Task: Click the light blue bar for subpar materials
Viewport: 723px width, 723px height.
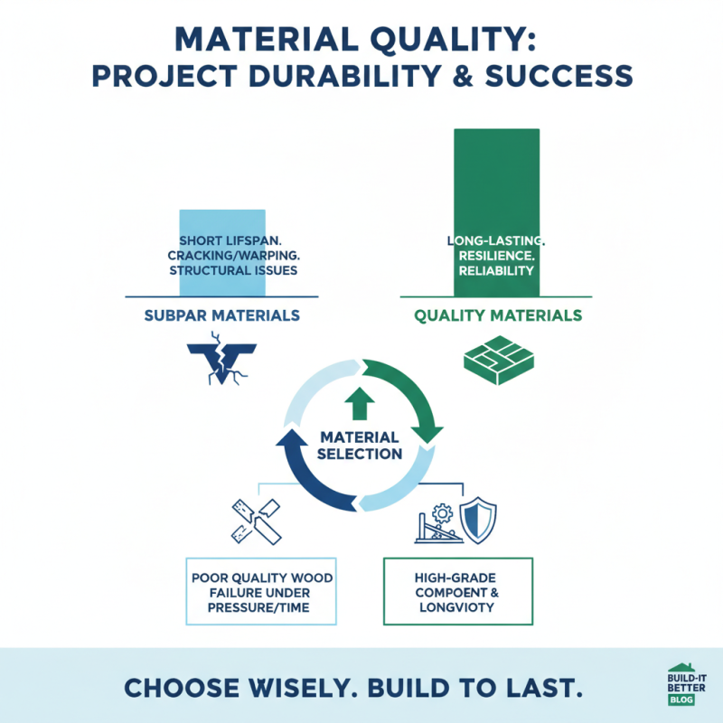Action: click(x=222, y=253)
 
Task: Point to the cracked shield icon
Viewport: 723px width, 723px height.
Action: click(x=221, y=363)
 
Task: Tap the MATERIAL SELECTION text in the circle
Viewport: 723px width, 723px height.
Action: click(x=361, y=445)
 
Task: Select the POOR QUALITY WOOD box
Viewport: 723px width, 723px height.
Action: click(x=261, y=591)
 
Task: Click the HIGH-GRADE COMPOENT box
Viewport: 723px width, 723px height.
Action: click(x=457, y=591)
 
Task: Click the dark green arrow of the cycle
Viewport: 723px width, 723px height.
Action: click(x=418, y=398)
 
